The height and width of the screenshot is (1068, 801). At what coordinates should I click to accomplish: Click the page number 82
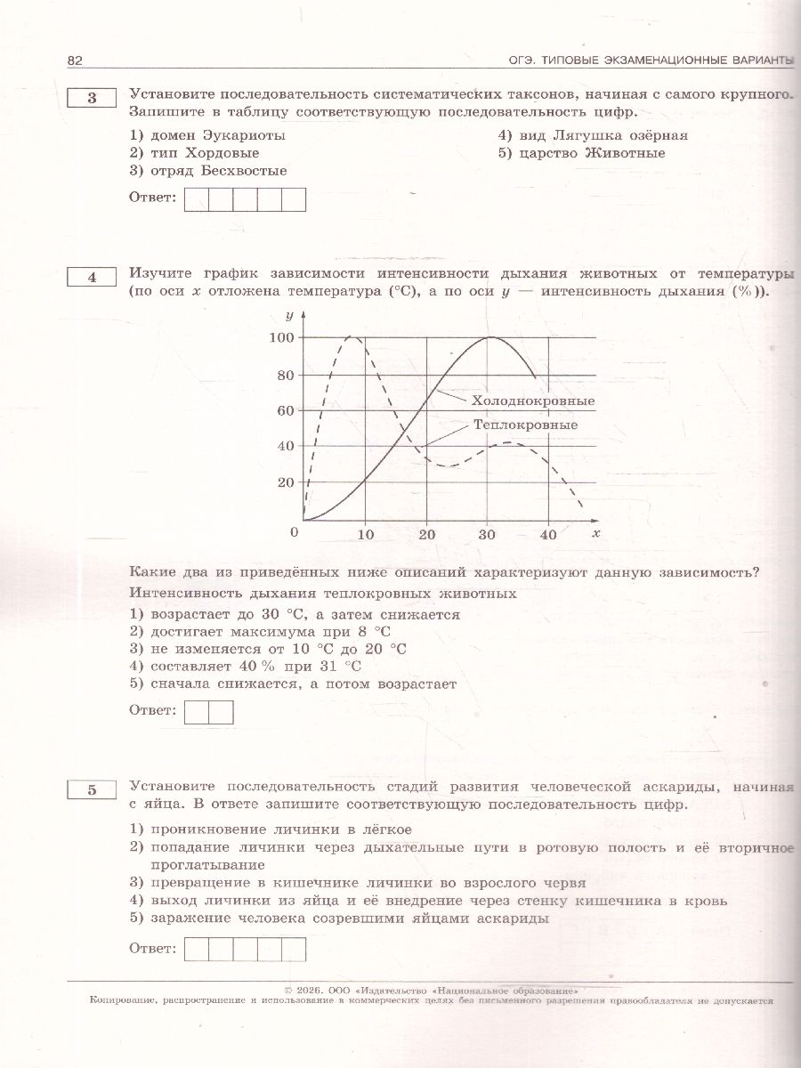[74, 60]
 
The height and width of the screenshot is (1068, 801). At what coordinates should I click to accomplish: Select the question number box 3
[92, 99]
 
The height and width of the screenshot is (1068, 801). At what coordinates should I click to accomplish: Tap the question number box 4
[92, 278]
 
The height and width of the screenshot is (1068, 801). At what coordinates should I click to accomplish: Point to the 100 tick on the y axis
[281, 338]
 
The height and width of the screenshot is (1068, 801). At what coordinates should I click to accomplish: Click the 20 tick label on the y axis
[286, 482]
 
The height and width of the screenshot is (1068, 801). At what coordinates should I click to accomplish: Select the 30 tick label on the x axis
[487, 534]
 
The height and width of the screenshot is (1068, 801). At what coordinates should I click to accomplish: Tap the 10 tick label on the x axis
[365, 534]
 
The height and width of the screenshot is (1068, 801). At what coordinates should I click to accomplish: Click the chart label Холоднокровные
[532, 401]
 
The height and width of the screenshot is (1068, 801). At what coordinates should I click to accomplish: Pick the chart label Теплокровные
[520, 426]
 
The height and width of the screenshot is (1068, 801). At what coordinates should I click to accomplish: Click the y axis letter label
[289, 316]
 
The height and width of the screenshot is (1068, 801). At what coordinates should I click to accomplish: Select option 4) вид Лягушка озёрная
[593, 135]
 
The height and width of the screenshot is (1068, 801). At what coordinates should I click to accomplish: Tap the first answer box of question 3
[196, 199]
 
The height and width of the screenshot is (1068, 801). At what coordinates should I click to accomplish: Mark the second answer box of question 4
[221, 712]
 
